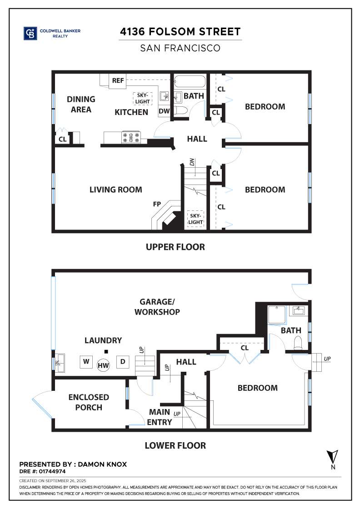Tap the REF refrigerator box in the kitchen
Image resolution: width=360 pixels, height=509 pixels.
click(x=118, y=81)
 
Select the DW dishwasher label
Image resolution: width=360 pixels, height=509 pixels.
click(x=164, y=111)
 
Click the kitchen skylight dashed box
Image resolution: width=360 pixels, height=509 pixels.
click(x=142, y=99)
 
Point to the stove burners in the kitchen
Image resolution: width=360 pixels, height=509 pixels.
click(x=131, y=137)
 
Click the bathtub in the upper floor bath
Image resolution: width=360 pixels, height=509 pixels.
click(x=190, y=82)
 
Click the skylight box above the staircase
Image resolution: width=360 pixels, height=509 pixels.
click(x=195, y=219)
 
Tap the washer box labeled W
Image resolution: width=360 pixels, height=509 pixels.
click(x=85, y=362)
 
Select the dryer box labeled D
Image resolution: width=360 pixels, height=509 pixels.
click(x=122, y=362)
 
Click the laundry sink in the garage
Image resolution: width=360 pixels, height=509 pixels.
click(x=59, y=363)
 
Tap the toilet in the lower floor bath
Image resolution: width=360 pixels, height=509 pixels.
click(x=298, y=342)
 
